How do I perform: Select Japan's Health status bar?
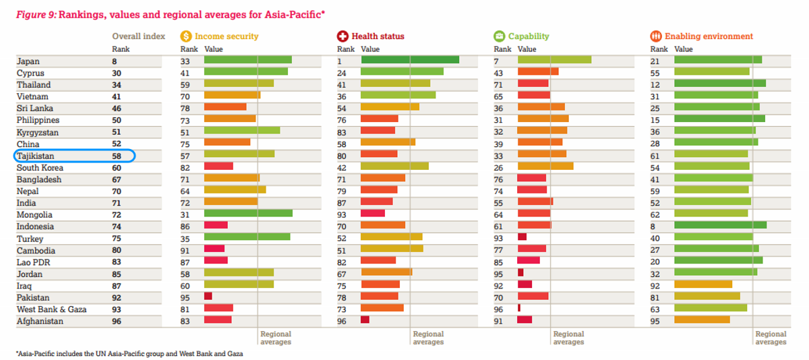(x=410, y=60)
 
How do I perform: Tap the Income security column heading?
(x=227, y=36)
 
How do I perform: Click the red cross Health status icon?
(x=342, y=36)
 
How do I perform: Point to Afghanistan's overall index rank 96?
(x=117, y=322)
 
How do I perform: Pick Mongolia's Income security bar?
(x=248, y=214)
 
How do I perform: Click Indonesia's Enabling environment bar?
(x=720, y=225)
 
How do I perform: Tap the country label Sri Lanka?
(x=35, y=109)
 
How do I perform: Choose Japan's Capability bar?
(x=554, y=60)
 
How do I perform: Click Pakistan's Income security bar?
(x=208, y=297)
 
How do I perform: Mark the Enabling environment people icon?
(x=656, y=36)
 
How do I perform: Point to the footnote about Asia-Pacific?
(x=129, y=353)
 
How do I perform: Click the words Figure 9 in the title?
(x=36, y=13)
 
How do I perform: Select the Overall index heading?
(x=138, y=36)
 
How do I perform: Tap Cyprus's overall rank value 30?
(x=117, y=73)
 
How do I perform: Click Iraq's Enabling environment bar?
(x=703, y=284)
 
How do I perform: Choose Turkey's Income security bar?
(x=247, y=237)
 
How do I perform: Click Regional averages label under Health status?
(x=428, y=338)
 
